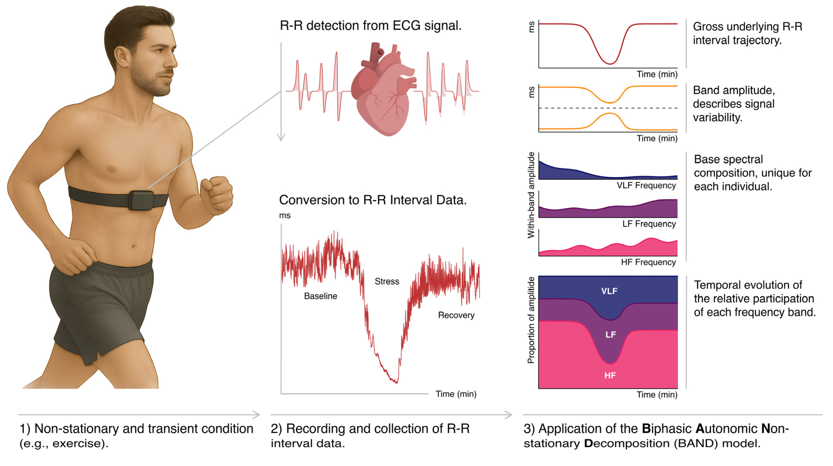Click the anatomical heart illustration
tap(383, 89)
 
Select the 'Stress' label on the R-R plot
tap(387, 281)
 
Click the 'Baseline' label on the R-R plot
tap(321, 296)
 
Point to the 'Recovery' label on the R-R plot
tap(456, 315)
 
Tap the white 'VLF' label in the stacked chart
tap(609, 291)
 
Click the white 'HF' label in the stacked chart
tap(610, 375)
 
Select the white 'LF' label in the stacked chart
tap(611, 335)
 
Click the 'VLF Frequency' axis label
tap(646, 186)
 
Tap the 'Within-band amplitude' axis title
tap(531, 195)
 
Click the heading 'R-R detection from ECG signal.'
tap(371, 26)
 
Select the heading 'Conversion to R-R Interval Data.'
tap(373, 200)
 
